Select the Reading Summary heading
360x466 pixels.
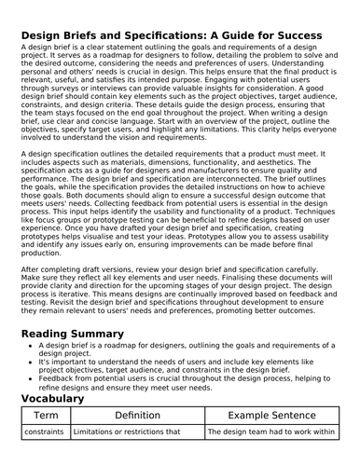85,335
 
